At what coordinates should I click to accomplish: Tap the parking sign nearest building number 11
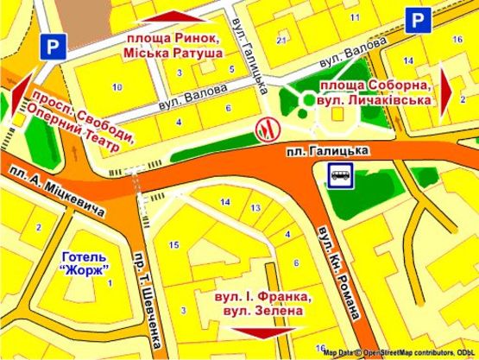[419, 21]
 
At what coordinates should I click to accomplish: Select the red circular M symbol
[268, 127]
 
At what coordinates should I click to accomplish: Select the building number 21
[280, 41]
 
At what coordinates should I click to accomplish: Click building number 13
[255, 208]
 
